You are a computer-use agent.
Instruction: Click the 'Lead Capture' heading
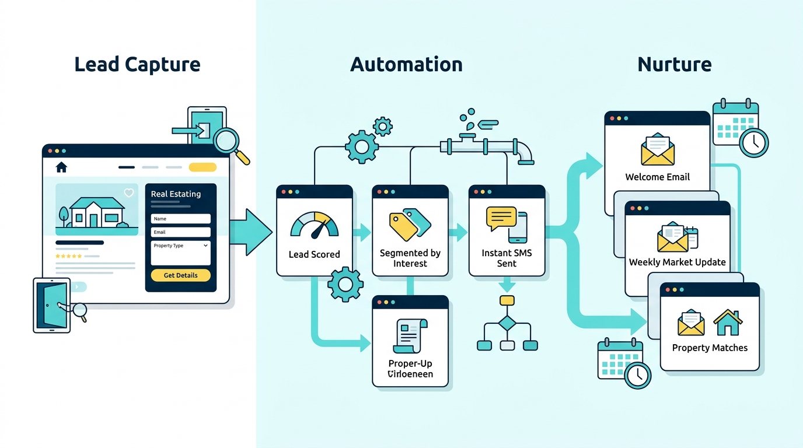[137, 64]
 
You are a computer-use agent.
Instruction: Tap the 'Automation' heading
[406, 64]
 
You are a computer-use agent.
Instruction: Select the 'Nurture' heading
[675, 64]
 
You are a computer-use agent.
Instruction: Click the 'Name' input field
[180, 219]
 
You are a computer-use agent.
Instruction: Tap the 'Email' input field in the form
[180, 232]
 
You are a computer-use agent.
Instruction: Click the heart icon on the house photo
[129, 193]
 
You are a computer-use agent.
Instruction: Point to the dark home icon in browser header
[61, 167]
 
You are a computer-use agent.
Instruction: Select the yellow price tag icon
[403, 226]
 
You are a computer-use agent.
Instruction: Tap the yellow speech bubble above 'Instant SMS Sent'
[501, 218]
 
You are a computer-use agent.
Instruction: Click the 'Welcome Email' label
[657, 177]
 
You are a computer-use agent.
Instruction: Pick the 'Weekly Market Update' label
[677, 262]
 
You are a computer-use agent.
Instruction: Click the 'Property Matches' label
[710, 348]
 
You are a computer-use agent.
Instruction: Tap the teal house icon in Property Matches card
[728, 323]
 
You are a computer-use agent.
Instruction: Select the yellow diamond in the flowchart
[507, 323]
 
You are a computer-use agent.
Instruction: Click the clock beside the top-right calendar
[754, 142]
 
